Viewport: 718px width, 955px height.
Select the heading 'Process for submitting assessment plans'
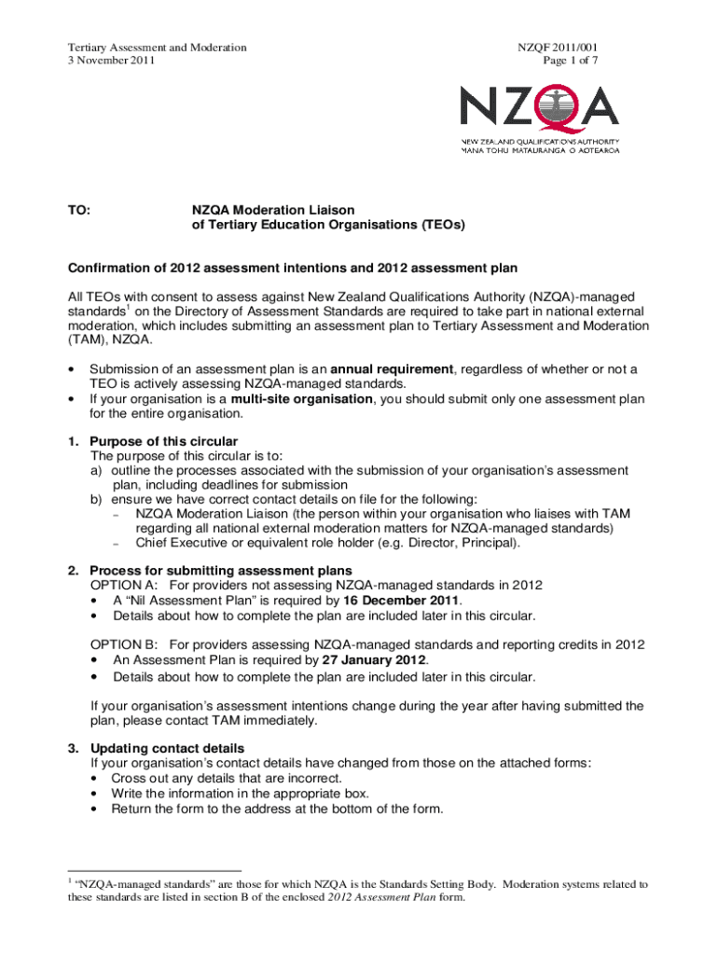tap(221, 570)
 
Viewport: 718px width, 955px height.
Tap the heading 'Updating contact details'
tap(167, 748)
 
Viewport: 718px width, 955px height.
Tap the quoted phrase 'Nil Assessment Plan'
tap(177, 601)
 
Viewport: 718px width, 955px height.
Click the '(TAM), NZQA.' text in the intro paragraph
tap(107, 341)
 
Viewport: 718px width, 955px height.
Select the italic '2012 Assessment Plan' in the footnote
tap(377, 898)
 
